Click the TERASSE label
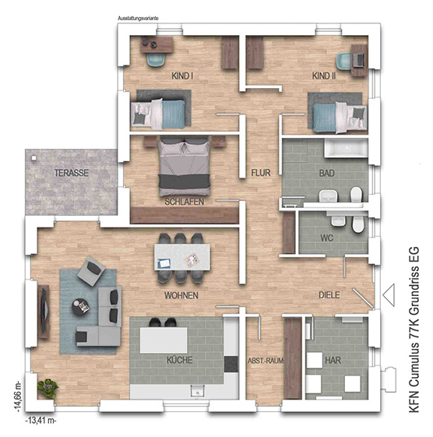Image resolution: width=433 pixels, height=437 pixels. pos(72,173)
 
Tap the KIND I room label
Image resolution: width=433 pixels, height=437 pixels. pos(182,76)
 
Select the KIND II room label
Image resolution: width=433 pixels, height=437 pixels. pos(324,76)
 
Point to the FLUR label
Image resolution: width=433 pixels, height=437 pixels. pos(261,173)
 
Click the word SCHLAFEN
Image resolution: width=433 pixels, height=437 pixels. pos(184,202)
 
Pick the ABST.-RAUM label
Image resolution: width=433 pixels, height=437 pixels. pos(266,361)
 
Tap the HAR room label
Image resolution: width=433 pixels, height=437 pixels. pos(333,360)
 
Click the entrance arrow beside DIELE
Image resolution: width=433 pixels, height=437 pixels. pos(389,295)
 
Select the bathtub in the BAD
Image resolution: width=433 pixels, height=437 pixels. pos(346,148)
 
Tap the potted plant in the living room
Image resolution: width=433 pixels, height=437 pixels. pos(48,387)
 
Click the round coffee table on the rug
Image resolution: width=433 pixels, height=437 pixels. pos(80,307)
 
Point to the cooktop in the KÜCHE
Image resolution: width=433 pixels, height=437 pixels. pos(231,365)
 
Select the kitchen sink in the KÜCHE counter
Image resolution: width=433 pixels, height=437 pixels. pos(198,391)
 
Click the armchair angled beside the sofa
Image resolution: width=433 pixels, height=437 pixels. pos(91,271)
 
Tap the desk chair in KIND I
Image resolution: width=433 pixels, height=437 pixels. pos(156,60)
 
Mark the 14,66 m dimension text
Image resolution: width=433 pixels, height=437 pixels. pos(19,396)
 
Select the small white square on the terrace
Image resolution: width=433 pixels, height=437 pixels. pos(34,158)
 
